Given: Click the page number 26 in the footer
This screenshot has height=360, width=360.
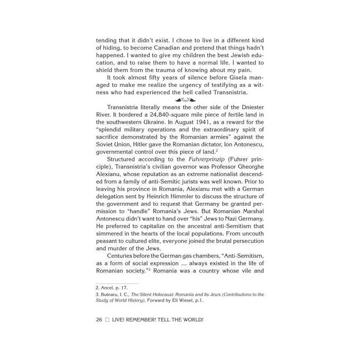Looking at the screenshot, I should point(99,320).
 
